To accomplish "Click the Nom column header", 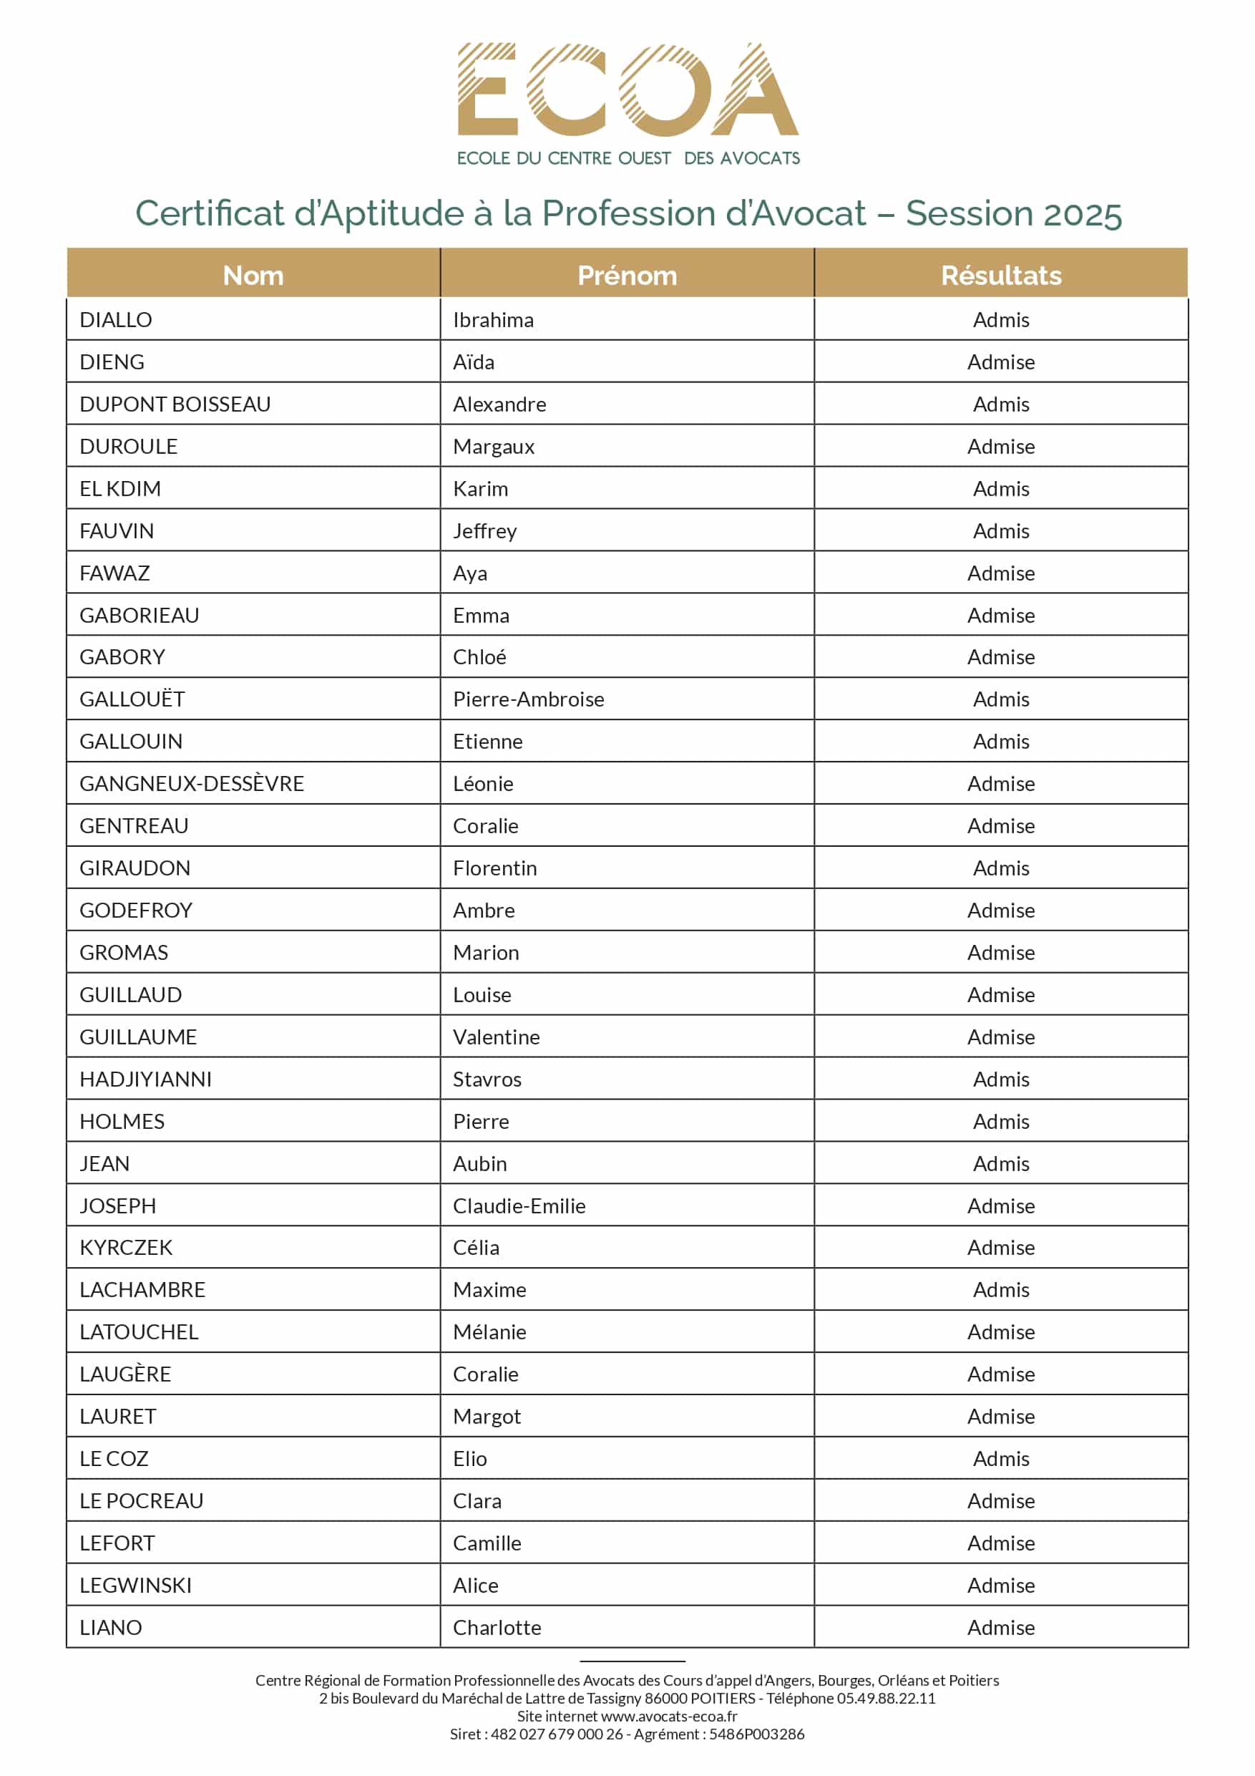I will [x=253, y=276].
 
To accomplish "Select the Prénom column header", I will [x=627, y=276].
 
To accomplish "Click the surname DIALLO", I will [x=116, y=319].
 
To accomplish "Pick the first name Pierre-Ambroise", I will [x=528, y=699].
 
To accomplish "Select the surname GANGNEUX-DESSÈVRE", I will [x=192, y=784].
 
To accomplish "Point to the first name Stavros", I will [x=487, y=1079].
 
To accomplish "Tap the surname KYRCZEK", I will [x=126, y=1248].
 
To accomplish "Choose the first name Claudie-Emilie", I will [x=519, y=1206].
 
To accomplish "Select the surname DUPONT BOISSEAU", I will [x=175, y=404].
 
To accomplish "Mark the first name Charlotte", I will [x=497, y=1628].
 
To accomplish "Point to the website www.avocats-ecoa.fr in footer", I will [x=669, y=1716].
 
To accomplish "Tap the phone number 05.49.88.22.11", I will [x=886, y=1698].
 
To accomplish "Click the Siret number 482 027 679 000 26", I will [x=557, y=1734].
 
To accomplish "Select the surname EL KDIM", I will [x=120, y=489].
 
